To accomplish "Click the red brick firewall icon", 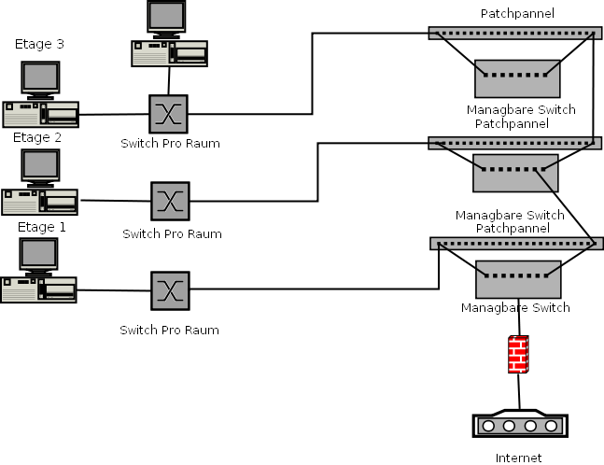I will point(518,354).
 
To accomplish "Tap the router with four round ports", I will point(521,423).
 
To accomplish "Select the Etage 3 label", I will point(40,44).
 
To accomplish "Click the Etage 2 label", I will point(37,137).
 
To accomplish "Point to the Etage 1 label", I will point(42,227).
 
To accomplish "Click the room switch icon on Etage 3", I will point(168,114).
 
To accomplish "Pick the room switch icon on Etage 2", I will point(170,201).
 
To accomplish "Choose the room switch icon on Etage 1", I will point(170,290).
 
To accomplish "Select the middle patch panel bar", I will point(512,143).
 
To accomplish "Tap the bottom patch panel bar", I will point(513,244).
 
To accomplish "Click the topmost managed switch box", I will point(517,78).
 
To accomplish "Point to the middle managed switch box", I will point(515,173).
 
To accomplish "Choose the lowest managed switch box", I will point(518,279).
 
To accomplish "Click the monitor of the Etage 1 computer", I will point(39,256).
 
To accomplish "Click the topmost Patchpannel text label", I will point(517,13).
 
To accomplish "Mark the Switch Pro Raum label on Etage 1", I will point(169,330).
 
